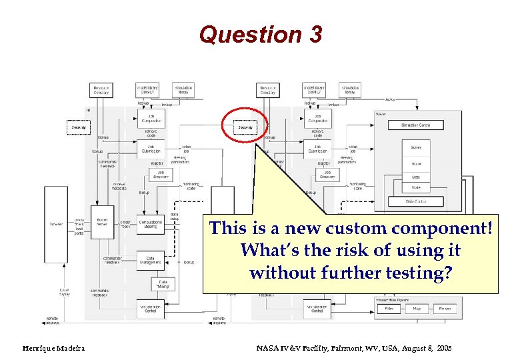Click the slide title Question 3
pyautogui.click(x=260, y=35)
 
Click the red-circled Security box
pyautogui.click(x=245, y=127)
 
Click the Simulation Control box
pyautogui.click(x=415, y=125)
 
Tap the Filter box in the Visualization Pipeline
pyautogui.click(x=389, y=309)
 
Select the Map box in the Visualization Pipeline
pyautogui.click(x=416, y=309)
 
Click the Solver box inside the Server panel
pyautogui.click(x=415, y=147)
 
